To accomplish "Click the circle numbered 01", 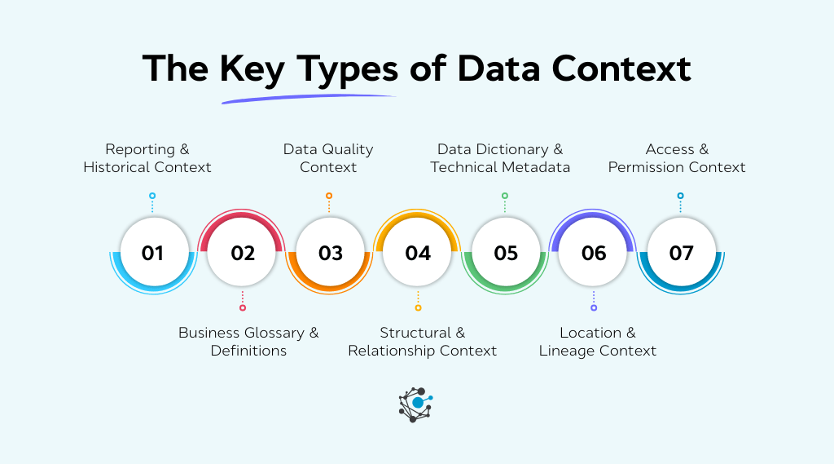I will (152, 253).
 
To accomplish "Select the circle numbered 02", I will (242, 253).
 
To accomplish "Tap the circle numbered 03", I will (330, 253).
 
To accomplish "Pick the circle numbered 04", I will (418, 253).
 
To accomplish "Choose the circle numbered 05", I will (506, 253).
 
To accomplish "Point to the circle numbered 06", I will (594, 253).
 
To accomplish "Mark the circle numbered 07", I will (681, 253).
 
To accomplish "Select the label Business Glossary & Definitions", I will (248, 342).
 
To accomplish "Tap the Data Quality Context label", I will (328, 158).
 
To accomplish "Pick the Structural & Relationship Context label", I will (422, 342).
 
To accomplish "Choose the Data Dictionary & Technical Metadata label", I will (500, 158).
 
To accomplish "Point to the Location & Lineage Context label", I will (598, 342).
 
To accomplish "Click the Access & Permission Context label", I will (677, 158).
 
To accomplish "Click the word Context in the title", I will (621, 69).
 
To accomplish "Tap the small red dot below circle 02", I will (242, 307).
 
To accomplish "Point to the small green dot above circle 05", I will (505, 196).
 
